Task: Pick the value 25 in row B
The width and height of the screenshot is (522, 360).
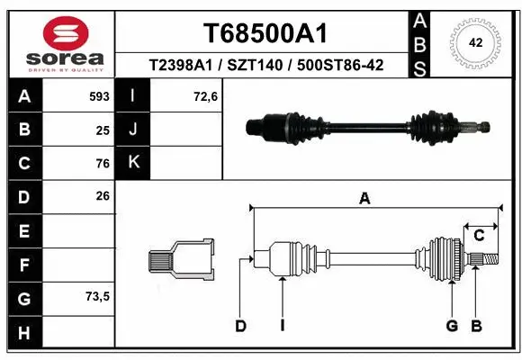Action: click(102, 130)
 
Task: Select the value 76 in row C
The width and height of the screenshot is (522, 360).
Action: click(102, 163)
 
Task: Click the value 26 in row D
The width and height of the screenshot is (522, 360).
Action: click(102, 195)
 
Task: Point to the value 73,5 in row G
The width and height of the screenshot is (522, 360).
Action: click(97, 296)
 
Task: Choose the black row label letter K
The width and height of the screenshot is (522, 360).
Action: click(134, 163)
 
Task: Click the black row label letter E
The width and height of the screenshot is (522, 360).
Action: click(24, 230)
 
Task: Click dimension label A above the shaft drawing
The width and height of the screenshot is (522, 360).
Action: click(364, 199)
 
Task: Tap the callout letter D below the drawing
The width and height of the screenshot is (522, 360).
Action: click(240, 326)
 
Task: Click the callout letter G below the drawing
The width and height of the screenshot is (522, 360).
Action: click(452, 326)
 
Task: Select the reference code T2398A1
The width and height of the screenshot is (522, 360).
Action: click(180, 67)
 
